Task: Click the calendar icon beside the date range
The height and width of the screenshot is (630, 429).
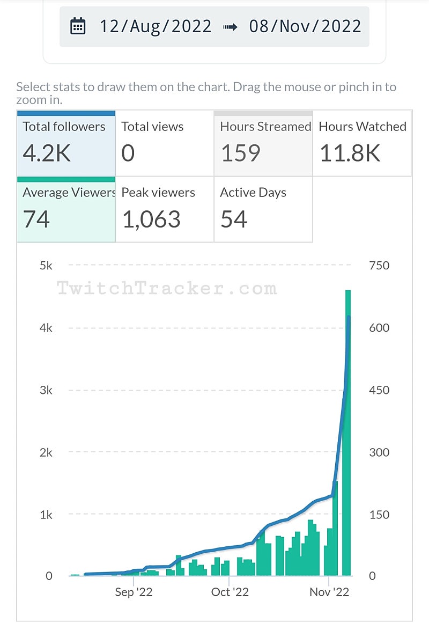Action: [78, 26]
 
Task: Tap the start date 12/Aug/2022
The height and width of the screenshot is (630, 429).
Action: [156, 26]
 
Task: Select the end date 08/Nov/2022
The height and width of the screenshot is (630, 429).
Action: [305, 26]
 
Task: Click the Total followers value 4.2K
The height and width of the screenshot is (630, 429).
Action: [47, 153]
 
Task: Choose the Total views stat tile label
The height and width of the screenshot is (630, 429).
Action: [152, 127]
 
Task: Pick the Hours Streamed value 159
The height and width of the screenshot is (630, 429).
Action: [241, 153]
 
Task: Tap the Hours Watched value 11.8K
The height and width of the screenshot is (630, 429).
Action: [350, 153]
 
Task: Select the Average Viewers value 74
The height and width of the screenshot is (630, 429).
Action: [36, 219]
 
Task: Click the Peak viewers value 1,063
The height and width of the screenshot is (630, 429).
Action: [151, 219]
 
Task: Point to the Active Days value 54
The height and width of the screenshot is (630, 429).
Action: [233, 219]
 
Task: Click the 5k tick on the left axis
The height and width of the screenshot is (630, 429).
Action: [46, 266]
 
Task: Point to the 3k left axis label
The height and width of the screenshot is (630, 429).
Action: [46, 390]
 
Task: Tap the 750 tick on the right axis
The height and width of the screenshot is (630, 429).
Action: [379, 266]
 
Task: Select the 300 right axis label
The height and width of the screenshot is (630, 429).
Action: [379, 452]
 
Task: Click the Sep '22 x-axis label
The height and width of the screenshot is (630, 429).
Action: [134, 592]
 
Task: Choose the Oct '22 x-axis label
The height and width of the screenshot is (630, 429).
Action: [230, 592]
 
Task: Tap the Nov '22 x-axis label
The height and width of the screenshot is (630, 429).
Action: [330, 592]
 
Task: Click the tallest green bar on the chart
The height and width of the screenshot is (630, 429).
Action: [347, 429]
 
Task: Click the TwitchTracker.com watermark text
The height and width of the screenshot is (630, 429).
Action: [167, 289]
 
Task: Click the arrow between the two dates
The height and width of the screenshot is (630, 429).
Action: [230, 26]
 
